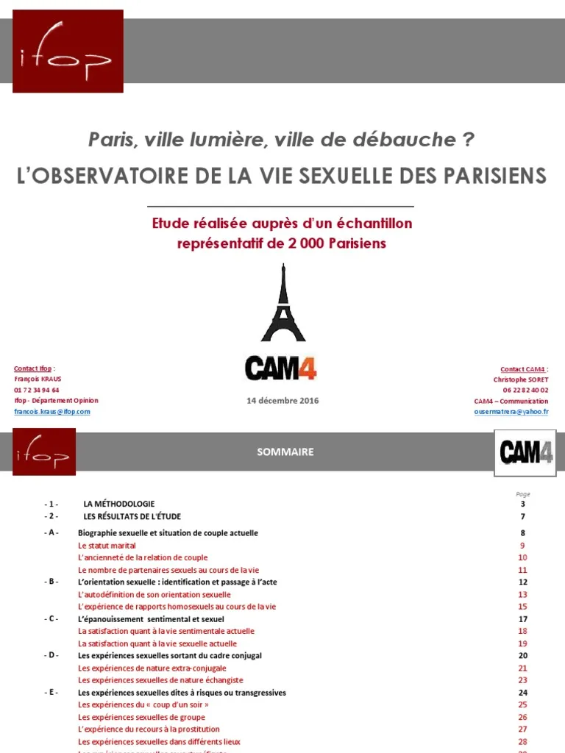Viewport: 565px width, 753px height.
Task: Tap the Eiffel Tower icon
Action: point(282,303)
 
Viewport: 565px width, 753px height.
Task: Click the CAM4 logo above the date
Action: point(281,368)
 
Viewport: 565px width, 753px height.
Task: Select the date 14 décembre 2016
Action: point(282,401)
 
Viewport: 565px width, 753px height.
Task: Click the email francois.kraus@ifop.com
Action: point(51,412)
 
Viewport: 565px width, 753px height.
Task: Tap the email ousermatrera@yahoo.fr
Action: point(511,412)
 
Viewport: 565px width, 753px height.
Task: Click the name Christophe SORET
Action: point(521,379)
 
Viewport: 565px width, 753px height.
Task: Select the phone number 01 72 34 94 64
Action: point(37,390)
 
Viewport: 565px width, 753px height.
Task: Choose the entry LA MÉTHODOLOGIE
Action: point(119,504)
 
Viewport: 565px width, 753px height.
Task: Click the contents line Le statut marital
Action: point(107,546)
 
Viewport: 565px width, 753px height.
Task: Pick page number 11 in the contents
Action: point(522,570)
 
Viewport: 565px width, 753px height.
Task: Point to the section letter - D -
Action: point(51,655)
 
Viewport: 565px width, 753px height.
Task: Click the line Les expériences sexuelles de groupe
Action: point(141,717)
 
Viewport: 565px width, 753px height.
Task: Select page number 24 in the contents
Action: point(522,693)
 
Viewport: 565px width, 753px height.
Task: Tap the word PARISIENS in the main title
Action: point(486,176)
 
